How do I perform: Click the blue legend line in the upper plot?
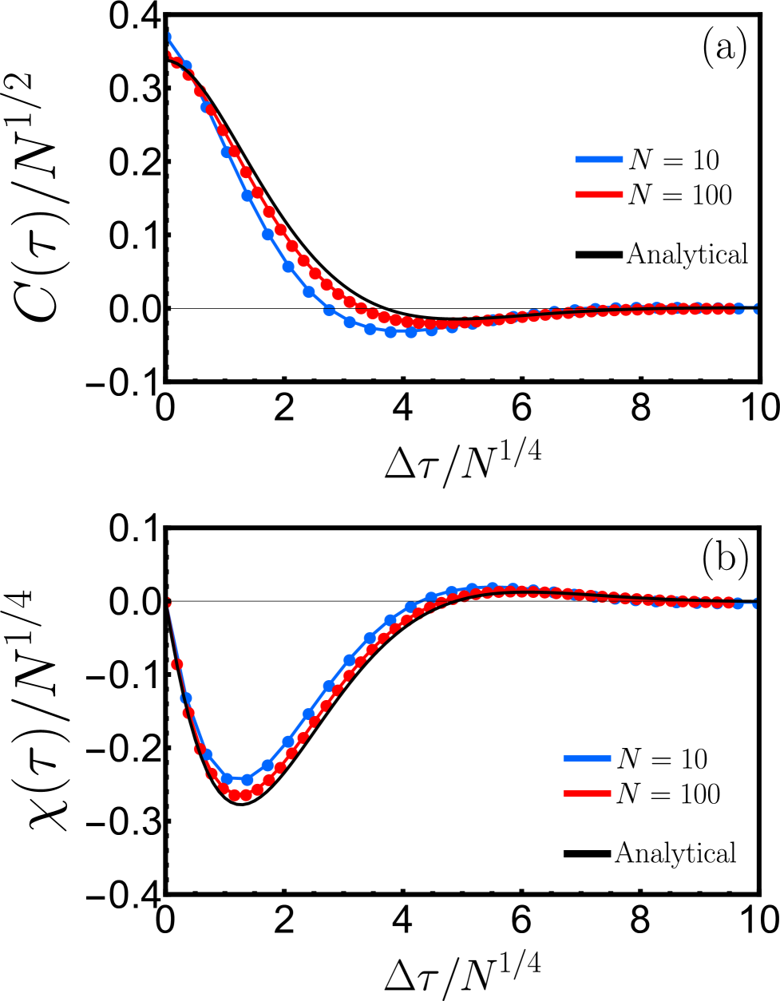[599, 160]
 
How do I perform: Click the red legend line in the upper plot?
[599, 194]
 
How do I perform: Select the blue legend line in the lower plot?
[587, 758]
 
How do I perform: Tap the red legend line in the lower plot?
[587, 793]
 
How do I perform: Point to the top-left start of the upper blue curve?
[169, 35]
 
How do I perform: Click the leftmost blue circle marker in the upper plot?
[185, 66]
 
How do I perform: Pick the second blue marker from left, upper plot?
[206, 106]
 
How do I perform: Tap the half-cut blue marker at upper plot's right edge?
[754, 308]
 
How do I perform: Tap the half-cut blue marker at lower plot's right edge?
[754, 603]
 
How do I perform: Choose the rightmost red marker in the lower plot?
[728, 602]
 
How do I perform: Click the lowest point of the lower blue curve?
[236, 780]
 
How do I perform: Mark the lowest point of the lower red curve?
[240, 795]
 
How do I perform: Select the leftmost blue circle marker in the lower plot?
[186, 698]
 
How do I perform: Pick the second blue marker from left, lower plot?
[207, 754]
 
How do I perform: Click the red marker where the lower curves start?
[168, 602]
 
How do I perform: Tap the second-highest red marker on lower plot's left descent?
[176, 664]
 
